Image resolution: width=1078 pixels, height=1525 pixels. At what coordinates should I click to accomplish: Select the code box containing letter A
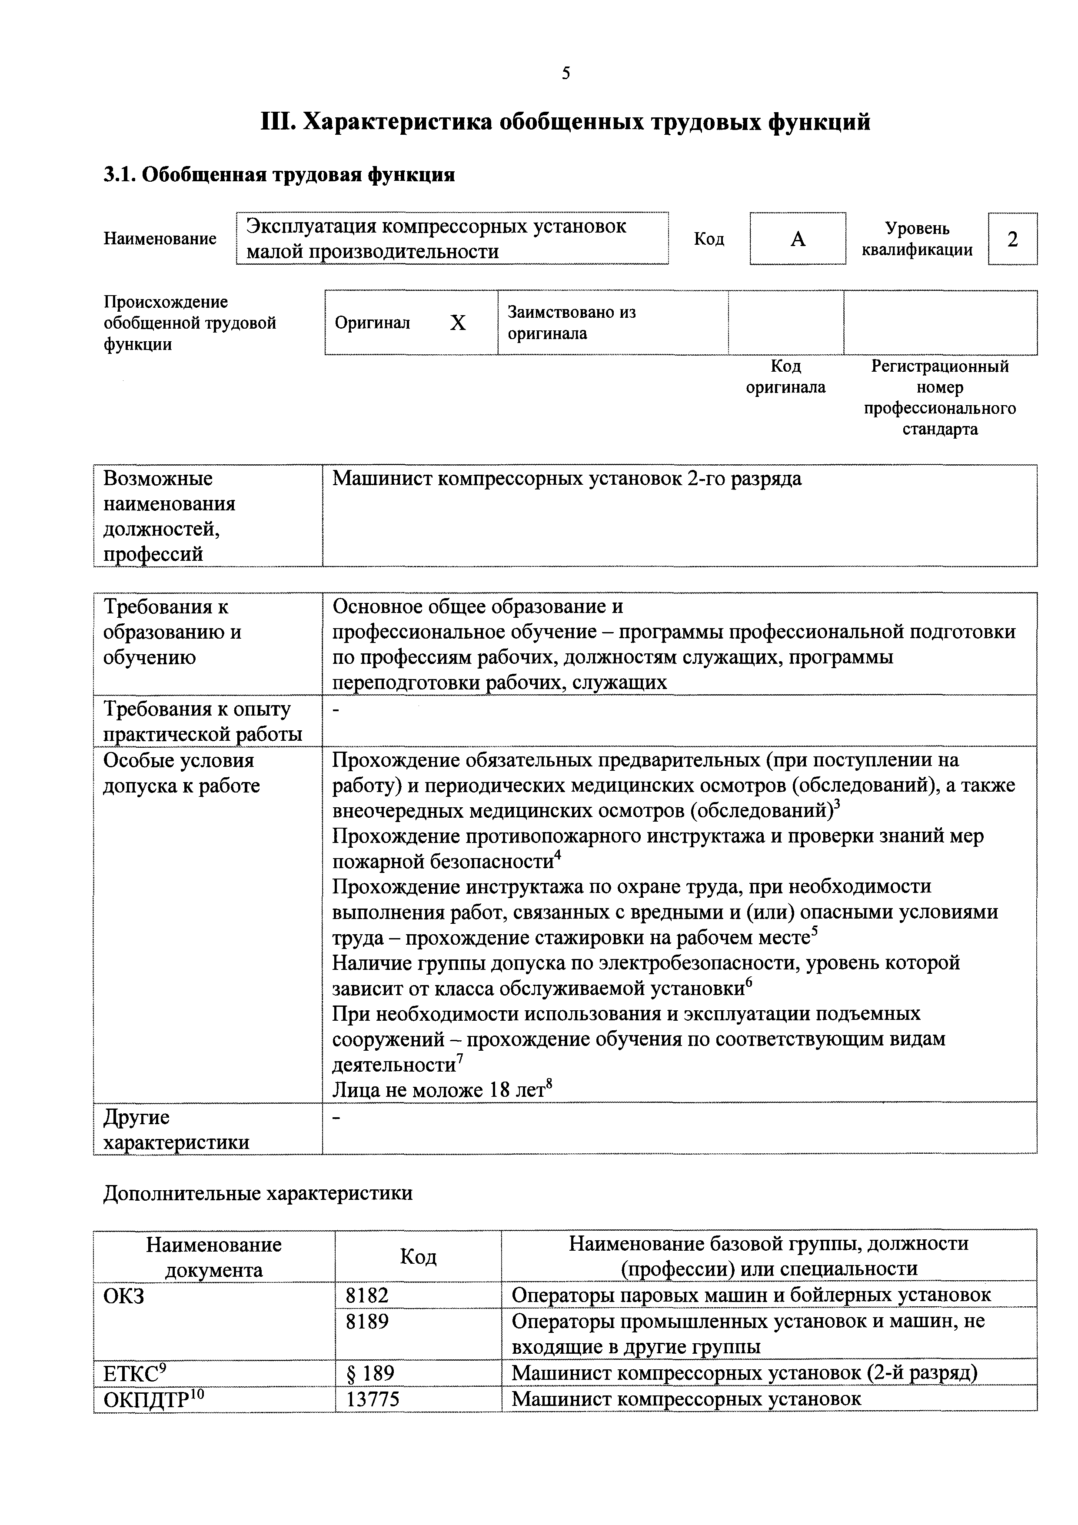[x=798, y=239]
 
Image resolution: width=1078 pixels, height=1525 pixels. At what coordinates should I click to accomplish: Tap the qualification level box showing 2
[x=1012, y=239]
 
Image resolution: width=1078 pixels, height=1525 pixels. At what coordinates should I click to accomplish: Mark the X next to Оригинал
[x=458, y=323]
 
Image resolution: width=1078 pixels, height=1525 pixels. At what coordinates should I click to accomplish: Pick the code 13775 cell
[x=373, y=1399]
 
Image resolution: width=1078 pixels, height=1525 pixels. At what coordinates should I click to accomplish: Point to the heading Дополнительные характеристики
[x=258, y=1194]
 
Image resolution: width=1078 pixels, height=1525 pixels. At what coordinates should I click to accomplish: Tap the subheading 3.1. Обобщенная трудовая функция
[x=279, y=175]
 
